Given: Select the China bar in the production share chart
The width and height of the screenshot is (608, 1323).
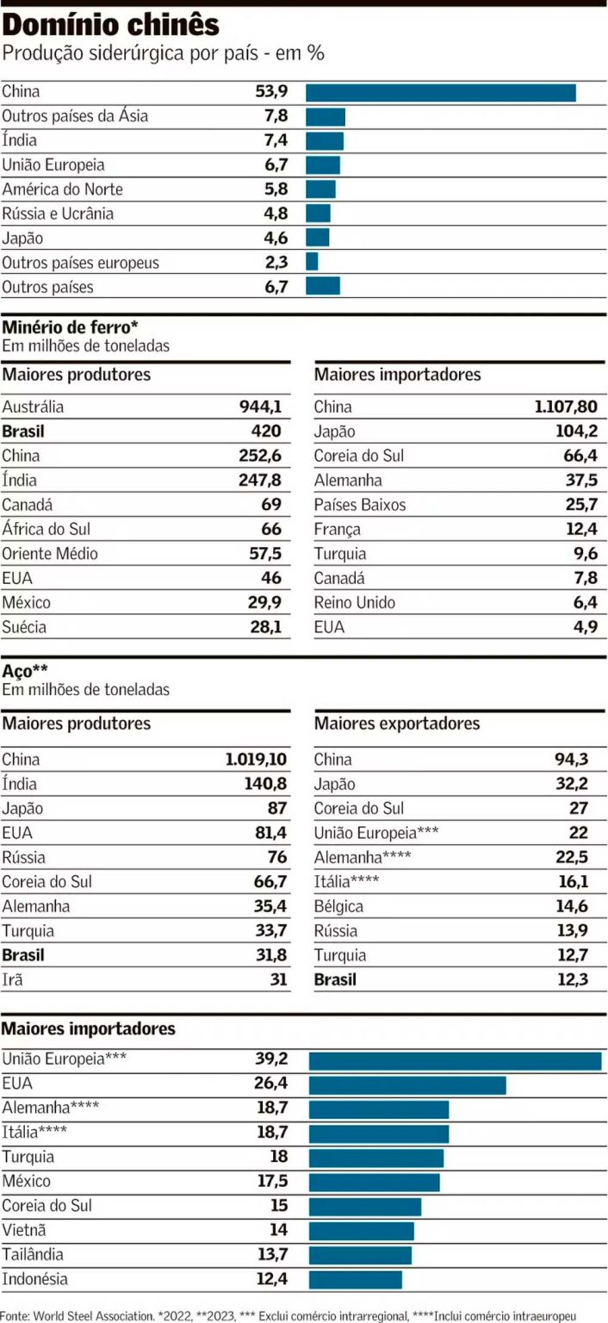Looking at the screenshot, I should pyautogui.click(x=440, y=92).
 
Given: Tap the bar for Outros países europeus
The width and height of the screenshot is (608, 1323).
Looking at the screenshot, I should pyautogui.click(x=312, y=262).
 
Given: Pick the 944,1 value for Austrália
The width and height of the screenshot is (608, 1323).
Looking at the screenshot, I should pyautogui.click(x=260, y=407).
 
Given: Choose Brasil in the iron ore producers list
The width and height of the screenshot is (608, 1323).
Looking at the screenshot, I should pyautogui.click(x=23, y=432).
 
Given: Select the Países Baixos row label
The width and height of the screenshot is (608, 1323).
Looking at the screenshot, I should pyautogui.click(x=360, y=505).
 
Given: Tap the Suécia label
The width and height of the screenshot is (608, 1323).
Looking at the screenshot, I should pyautogui.click(x=24, y=627).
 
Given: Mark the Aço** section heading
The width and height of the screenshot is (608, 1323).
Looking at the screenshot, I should pyautogui.click(x=25, y=670).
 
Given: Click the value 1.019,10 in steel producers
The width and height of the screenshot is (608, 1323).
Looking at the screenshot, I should pyautogui.click(x=256, y=760).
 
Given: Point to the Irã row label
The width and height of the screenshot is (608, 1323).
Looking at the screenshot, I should pyautogui.click(x=14, y=979).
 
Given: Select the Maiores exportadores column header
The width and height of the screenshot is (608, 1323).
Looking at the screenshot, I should pyautogui.click(x=397, y=724).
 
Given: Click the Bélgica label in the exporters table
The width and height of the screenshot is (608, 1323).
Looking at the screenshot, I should pyautogui.click(x=338, y=906).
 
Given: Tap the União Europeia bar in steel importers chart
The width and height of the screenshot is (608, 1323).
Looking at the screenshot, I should pyautogui.click(x=455, y=1060).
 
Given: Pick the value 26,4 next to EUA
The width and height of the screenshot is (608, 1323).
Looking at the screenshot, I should pyautogui.click(x=270, y=1084).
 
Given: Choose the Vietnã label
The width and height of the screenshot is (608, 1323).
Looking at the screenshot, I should pyautogui.click(x=24, y=1230).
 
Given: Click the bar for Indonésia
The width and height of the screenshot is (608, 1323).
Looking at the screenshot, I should pyautogui.click(x=355, y=1279).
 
